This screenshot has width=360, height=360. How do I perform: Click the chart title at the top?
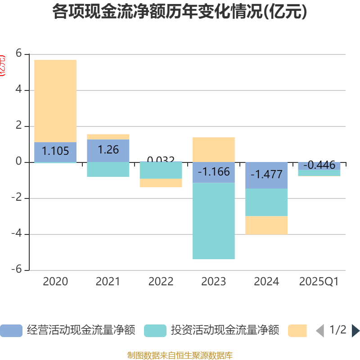click(x=180, y=12)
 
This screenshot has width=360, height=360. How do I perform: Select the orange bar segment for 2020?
click(x=55, y=101)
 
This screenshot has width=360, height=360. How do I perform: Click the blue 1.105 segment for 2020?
click(x=55, y=152)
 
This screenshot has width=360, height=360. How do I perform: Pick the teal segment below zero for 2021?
click(x=108, y=169)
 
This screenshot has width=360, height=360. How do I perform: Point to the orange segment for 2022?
click(x=161, y=183)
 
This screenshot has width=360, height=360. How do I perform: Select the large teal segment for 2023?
click(x=213, y=221)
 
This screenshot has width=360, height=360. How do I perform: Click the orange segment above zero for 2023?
click(x=213, y=149)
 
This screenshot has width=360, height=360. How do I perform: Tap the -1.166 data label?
click(x=213, y=172)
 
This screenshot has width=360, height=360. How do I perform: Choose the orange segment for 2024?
click(x=266, y=225)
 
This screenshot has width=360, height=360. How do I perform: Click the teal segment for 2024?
click(x=266, y=202)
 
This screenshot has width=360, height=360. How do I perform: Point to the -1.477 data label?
click(x=266, y=175)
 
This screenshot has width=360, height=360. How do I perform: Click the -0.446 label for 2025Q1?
click(x=319, y=165)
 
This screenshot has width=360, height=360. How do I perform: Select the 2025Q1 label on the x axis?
click(x=319, y=282)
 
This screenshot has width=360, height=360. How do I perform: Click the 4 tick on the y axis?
click(x=18, y=90)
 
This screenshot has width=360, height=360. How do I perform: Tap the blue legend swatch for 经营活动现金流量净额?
click(x=11, y=331)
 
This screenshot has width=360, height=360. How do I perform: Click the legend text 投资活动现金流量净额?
click(x=225, y=331)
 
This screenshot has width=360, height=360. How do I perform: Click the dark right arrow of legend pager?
click(x=355, y=331)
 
